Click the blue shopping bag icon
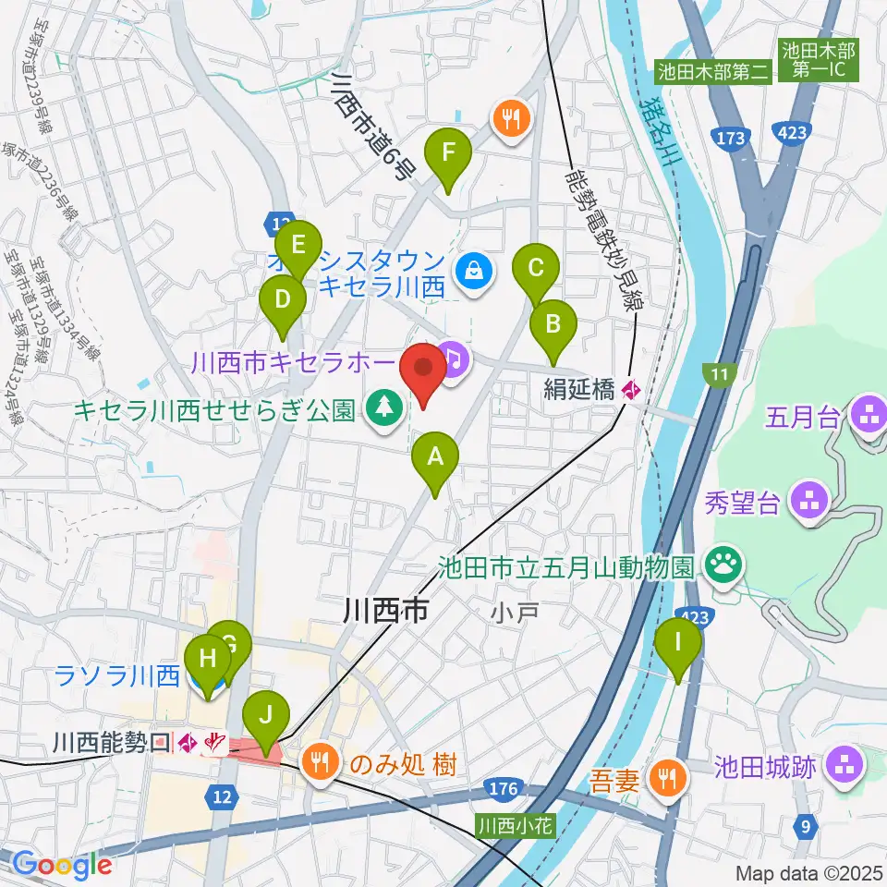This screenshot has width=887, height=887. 473,271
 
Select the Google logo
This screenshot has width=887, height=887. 62,864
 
